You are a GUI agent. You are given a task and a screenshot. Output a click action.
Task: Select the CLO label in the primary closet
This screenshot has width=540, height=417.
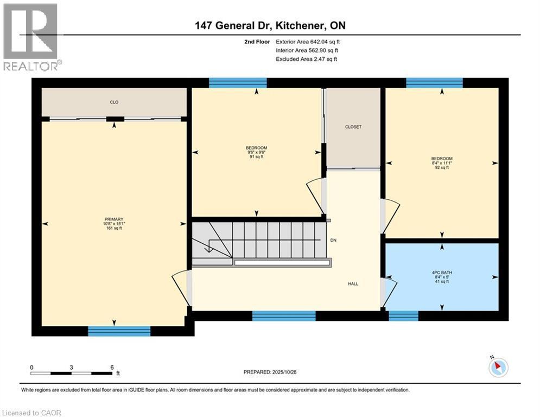click(114, 102)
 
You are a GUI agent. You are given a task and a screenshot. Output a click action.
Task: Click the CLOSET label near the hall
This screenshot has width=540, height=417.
click(353, 127)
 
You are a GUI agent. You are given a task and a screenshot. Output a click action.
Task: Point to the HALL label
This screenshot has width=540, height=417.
click(353, 283)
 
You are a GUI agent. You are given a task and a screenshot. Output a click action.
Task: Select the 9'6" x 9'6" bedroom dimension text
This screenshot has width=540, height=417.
click(256, 153)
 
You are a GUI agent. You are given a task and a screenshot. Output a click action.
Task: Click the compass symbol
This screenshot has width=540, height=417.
click(498, 367)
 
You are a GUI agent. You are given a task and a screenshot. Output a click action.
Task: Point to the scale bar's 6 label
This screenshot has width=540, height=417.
click(111, 367)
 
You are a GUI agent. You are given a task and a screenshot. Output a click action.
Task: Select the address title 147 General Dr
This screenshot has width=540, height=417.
click(240, 26)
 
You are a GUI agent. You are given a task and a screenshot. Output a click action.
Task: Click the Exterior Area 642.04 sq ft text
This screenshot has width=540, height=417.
click(308, 41)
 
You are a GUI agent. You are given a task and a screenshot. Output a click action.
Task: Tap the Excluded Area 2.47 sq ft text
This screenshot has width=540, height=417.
click(307, 59)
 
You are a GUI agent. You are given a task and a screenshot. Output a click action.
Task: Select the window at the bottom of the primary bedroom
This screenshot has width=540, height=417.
click(119, 331)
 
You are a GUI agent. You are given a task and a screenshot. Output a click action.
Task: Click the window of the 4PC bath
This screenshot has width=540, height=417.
click(404, 315)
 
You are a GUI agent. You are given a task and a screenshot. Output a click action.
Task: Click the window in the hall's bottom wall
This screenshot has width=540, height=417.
click(284, 315)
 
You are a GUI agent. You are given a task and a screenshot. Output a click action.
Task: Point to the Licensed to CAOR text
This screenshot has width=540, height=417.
click(32, 413)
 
